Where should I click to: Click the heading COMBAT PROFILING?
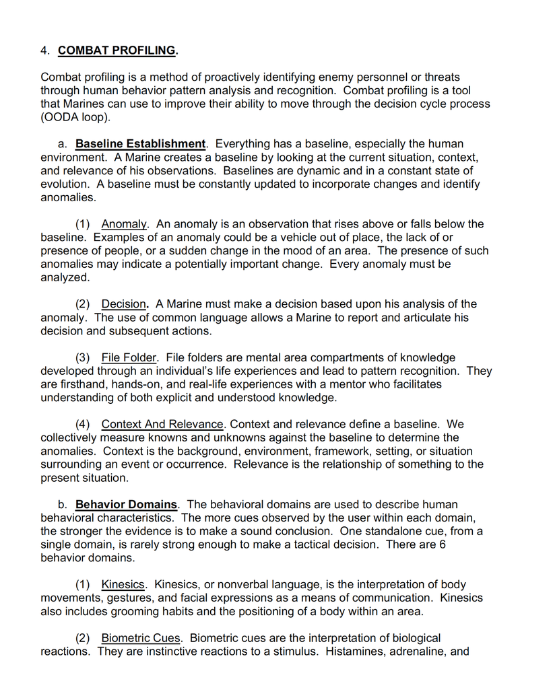(117, 50)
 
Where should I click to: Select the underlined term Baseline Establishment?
(140, 144)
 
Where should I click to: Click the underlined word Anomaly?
(124, 224)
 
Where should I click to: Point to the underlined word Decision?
(123, 304)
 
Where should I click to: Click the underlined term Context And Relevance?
(162, 425)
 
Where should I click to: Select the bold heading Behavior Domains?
(127, 505)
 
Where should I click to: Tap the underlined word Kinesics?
(123, 585)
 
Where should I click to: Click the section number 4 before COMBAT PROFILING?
(44, 50)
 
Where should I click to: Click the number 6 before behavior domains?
(442, 544)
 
